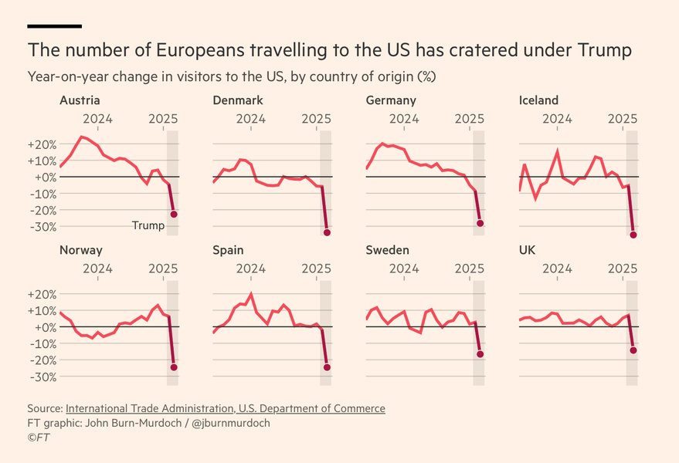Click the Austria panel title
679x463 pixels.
click(x=80, y=100)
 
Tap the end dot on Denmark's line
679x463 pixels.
click(x=327, y=232)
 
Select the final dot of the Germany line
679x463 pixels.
click(x=480, y=223)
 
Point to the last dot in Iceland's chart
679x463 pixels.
click(x=633, y=235)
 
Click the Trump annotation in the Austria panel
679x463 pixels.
click(x=148, y=225)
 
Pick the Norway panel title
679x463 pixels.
click(x=80, y=250)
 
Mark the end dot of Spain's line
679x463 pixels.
click(x=327, y=367)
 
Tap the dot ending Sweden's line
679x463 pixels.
click(x=480, y=354)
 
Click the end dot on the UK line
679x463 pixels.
click(x=633, y=350)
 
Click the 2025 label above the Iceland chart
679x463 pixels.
click(x=622, y=118)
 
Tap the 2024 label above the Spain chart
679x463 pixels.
click(x=250, y=268)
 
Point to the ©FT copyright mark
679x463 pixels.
click(x=39, y=437)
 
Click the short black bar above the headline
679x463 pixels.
click(x=54, y=26)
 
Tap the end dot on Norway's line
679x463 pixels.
click(x=174, y=367)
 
